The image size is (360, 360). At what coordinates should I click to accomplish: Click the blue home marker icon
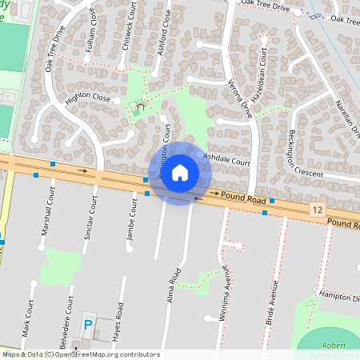pos(180,173)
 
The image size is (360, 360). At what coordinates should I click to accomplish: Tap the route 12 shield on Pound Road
pos(318,209)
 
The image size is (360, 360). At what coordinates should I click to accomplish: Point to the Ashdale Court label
pos(227,160)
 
